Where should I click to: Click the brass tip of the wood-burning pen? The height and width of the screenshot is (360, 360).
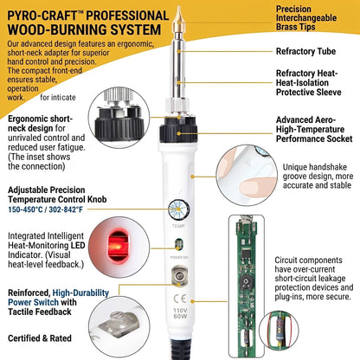(178, 20)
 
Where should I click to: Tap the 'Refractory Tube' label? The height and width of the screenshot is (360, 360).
(305, 51)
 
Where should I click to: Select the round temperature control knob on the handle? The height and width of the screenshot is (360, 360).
(178, 209)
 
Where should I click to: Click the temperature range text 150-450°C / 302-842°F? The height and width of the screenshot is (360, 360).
(45, 209)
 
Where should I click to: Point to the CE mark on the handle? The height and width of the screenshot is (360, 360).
(180, 299)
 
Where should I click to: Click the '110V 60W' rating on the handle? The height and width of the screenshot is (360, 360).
(180, 313)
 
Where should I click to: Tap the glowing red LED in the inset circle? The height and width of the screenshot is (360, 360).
(118, 246)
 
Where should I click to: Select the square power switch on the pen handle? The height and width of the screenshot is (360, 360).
(179, 276)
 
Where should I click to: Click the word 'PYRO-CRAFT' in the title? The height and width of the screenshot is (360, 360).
(42, 16)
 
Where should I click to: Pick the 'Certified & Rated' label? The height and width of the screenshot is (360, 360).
(40, 338)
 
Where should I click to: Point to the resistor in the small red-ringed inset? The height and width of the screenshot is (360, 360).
(279, 331)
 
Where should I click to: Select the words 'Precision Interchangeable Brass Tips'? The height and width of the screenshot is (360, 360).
(306, 18)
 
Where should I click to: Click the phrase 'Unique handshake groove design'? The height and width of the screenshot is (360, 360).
(315, 171)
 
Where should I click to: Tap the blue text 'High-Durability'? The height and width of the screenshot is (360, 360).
(80, 292)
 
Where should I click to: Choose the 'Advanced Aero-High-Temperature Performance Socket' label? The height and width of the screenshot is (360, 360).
(314, 129)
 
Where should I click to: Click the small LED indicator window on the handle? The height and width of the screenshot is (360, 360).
(179, 245)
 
